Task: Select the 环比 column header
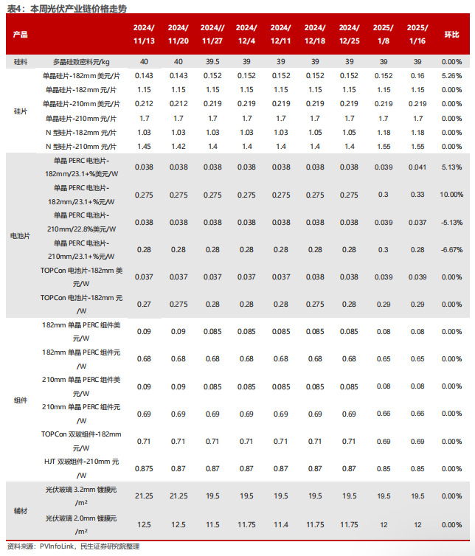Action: click(x=451, y=35)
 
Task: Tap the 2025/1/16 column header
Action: click(x=417, y=35)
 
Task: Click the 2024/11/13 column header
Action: click(x=144, y=35)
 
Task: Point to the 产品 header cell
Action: click(x=21, y=35)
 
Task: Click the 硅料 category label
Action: click(x=21, y=61)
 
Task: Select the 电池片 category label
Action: click(x=21, y=236)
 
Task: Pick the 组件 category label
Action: click(x=21, y=400)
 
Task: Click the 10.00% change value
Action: click(x=451, y=195)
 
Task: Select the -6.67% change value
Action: click(x=451, y=250)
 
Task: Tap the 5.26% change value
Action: click(x=451, y=75)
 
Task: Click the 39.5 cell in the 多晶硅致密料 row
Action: click(x=212, y=61)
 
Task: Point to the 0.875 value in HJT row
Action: click(x=144, y=468)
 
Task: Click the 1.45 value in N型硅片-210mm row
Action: click(x=144, y=147)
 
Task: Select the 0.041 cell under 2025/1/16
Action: click(x=417, y=167)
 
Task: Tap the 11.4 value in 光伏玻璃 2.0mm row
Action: click(x=281, y=524)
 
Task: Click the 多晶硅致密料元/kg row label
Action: click(x=82, y=61)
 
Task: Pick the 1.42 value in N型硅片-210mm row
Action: click(x=178, y=147)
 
